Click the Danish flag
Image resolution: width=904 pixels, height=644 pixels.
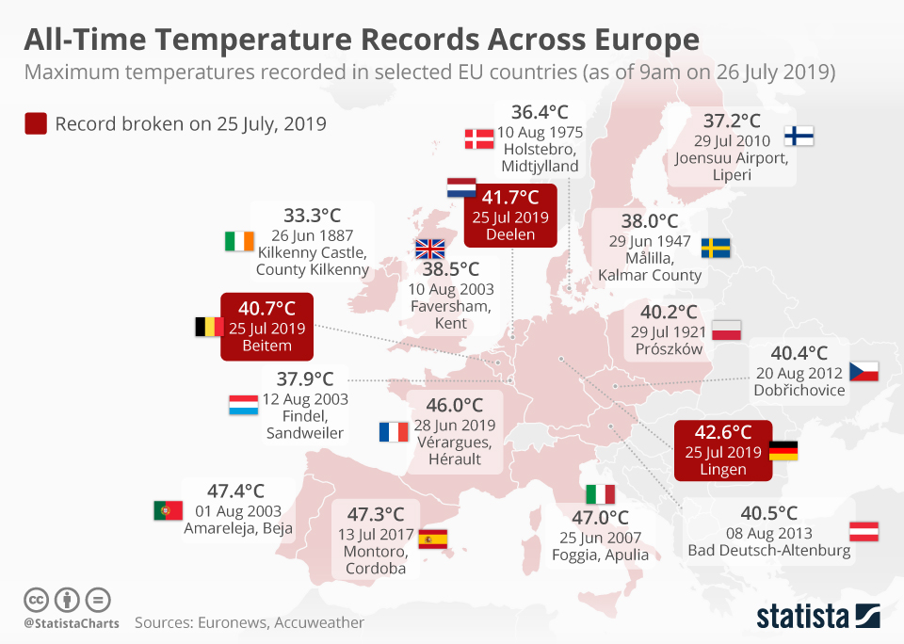479,139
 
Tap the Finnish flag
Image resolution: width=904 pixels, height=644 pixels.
799,136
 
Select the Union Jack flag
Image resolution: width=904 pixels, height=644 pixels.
429,249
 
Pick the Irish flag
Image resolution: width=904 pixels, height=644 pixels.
239,241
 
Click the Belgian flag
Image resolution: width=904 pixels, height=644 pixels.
208,327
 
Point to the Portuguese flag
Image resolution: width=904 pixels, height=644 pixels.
168,510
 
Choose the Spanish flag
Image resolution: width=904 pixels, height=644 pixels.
433,539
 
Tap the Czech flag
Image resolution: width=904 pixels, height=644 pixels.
864,371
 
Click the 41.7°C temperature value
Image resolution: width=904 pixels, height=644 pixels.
510,197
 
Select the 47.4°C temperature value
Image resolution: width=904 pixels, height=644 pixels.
236,491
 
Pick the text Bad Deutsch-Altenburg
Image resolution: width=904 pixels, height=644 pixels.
769,551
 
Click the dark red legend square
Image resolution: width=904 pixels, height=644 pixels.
37,123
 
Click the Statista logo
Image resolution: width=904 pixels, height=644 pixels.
818,617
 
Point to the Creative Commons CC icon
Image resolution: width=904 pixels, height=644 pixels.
37,600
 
